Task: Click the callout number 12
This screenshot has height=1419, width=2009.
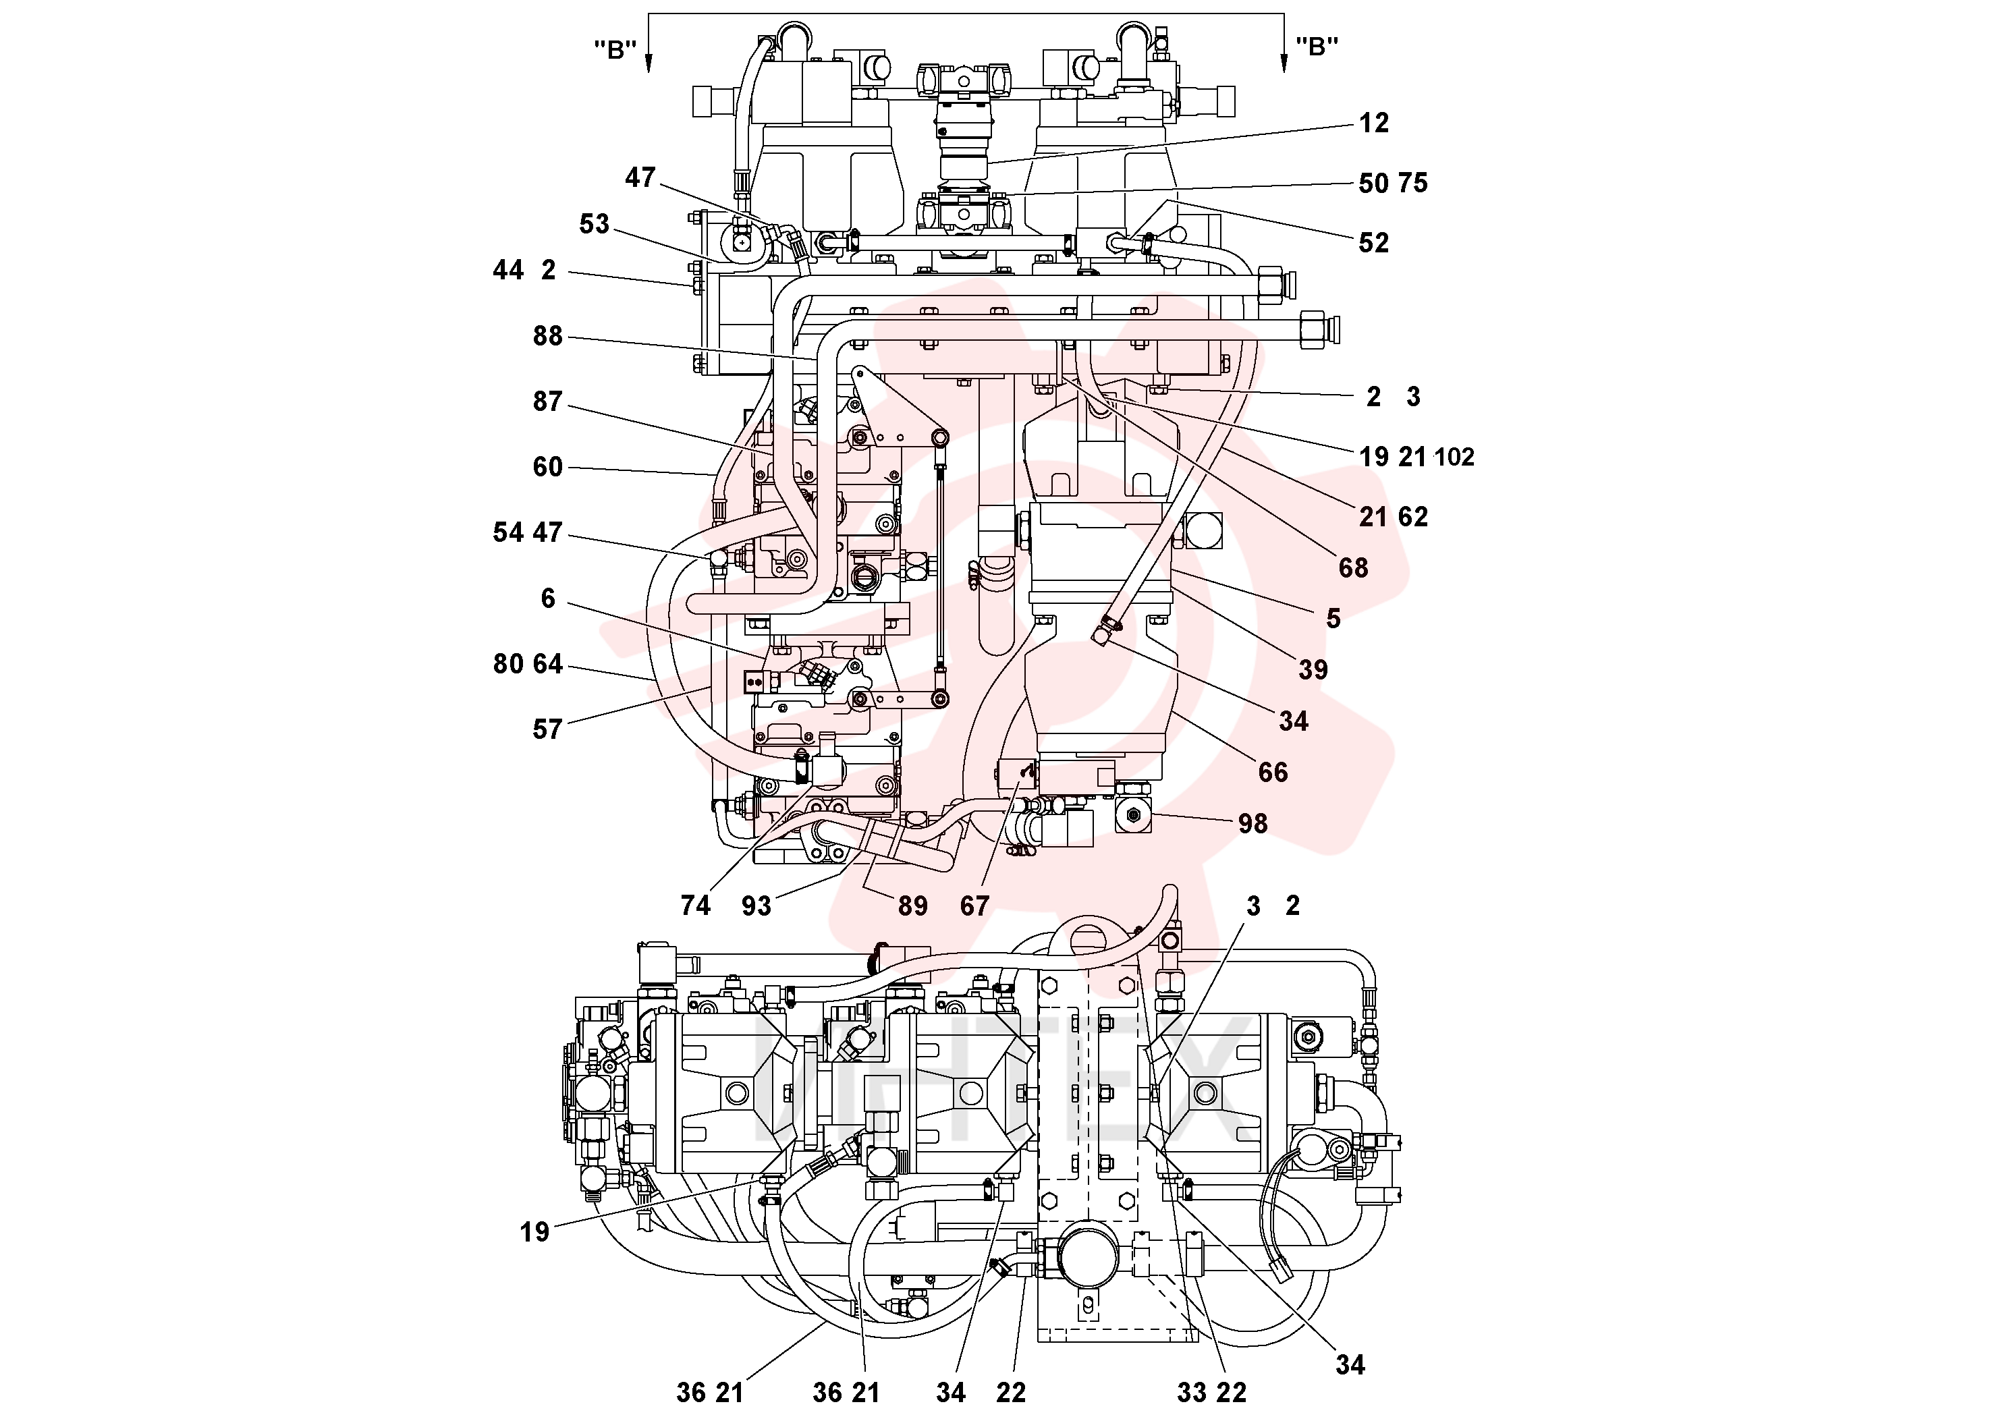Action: click(1374, 123)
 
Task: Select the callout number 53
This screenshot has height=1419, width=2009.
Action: click(594, 224)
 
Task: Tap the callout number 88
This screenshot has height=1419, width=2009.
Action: click(548, 336)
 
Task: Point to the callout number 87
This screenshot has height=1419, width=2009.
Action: click(548, 401)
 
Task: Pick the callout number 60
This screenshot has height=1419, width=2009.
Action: click(548, 467)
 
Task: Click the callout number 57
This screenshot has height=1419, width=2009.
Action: click(548, 729)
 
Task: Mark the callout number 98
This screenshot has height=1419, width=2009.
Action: click(1253, 824)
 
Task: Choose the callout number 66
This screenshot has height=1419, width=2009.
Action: click(1273, 773)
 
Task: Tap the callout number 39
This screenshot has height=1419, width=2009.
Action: click(1313, 670)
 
